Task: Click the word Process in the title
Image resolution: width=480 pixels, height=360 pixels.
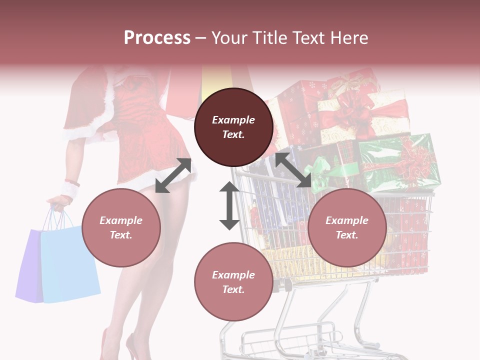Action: coord(157,38)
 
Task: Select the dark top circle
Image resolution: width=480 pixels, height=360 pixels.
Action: coord(233,127)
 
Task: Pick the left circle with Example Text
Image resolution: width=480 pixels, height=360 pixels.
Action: coord(121,227)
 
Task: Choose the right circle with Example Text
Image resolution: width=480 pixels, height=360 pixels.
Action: coord(347,227)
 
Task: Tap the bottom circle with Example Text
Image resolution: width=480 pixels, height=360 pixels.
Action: coord(233,282)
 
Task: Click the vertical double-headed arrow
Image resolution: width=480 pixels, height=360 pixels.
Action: coord(229,205)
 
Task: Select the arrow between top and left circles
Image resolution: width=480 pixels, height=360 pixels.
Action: coord(173,175)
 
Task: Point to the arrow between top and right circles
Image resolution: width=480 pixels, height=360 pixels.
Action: coord(293,170)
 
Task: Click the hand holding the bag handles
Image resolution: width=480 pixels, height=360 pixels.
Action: coord(57,202)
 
